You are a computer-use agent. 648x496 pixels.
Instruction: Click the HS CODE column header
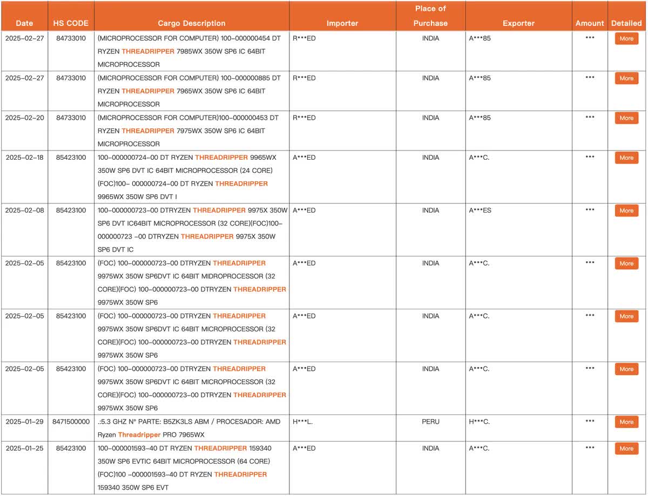click(x=71, y=23)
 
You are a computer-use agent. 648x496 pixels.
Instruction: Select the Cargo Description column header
click(x=192, y=23)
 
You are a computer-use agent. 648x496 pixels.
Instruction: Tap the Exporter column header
click(x=518, y=23)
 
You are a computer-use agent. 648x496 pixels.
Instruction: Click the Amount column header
click(x=590, y=23)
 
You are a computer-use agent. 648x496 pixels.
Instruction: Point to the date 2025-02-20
click(x=24, y=118)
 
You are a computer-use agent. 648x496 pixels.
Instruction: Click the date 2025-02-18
click(x=24, y=158)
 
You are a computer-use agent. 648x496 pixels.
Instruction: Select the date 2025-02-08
click(x=24, y=210)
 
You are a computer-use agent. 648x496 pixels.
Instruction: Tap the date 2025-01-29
click(x=24, y=422)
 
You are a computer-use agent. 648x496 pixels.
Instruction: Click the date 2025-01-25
click(x=24, y=448)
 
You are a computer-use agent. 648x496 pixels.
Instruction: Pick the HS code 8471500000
click(x=71, y=422)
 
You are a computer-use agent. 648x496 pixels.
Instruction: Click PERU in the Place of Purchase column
click(x=430, y=422)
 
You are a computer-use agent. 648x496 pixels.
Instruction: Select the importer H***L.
click(x=302, y=422)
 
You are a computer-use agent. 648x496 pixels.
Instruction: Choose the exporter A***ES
click(x=480, y=210)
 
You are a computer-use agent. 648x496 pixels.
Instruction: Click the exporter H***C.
click(x=479, y=422)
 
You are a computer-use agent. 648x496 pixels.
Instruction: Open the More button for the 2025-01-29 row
click(x=626, y=422)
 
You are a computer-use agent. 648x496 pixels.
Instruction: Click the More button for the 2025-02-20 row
click(x=626, y=118)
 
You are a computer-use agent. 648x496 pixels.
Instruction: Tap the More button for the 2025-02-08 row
click(x=626, y=211)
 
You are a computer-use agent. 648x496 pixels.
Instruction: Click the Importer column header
click(x=342, y=23)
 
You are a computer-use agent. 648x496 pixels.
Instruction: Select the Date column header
click(x=24, y=23)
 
